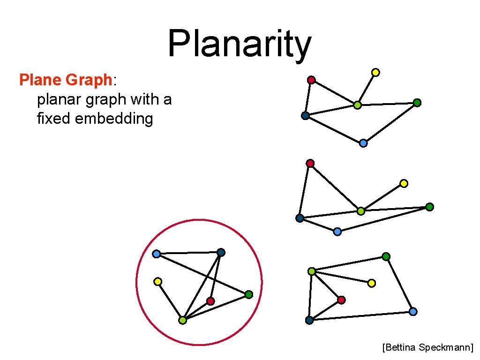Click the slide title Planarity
[239, 44]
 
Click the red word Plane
[40, 80]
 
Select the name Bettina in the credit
[400, 347]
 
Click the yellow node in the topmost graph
[375, 72]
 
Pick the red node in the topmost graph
[311, 80]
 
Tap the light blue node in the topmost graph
[363, 143]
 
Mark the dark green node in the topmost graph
[417, 103]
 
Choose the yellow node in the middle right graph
[404, 183]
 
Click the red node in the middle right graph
[310, 163]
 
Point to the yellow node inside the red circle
[158, 282]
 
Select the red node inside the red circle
[210, 301]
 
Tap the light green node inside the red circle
[182, 321]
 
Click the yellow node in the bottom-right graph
[372, 283]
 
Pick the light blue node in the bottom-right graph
[413, 311]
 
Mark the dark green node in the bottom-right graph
[386, 256]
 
